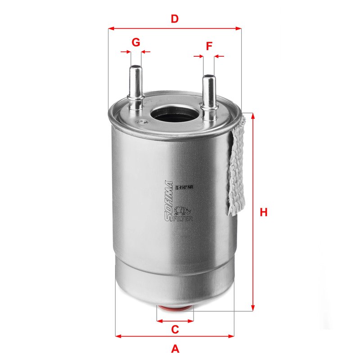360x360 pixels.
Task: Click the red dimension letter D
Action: [x=175, y=19]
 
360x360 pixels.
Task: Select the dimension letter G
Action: [x=135, y=42]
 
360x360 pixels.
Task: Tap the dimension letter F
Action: [x=209, y=46]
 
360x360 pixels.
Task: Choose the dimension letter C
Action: [x=175, y=329]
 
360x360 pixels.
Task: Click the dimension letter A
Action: [x=175, y=348]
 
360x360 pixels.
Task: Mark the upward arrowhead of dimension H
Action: [x=252, y=116]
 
